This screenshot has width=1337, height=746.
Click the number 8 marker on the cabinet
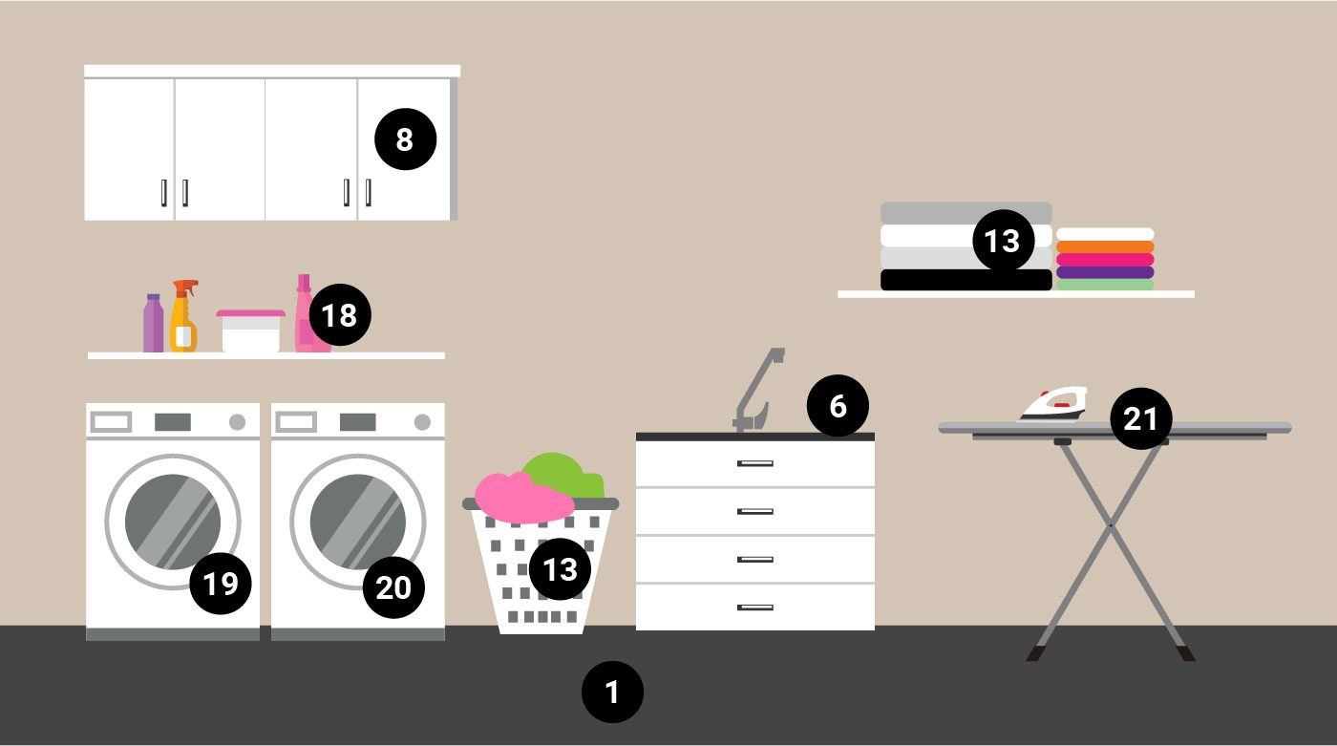point(405,139)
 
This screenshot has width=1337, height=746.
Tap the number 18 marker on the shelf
point(338,314)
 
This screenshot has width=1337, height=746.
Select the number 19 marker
point(221,583)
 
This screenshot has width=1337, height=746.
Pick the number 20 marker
point(393,586)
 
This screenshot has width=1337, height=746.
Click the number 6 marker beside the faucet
point(838,406)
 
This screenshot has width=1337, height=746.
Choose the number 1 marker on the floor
point(613,692)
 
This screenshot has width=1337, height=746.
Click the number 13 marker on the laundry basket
point(560,569)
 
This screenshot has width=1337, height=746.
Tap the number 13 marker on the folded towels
point(1003,241)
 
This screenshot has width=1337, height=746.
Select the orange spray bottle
point(183,320)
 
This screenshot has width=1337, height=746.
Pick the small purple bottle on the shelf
point(153,325)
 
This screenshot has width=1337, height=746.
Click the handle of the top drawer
point(754,463)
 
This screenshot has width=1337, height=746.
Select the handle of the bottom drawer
point(754,607)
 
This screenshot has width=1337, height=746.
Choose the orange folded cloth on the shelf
point(1105,246)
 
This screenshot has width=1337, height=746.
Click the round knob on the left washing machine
point(237,422)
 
